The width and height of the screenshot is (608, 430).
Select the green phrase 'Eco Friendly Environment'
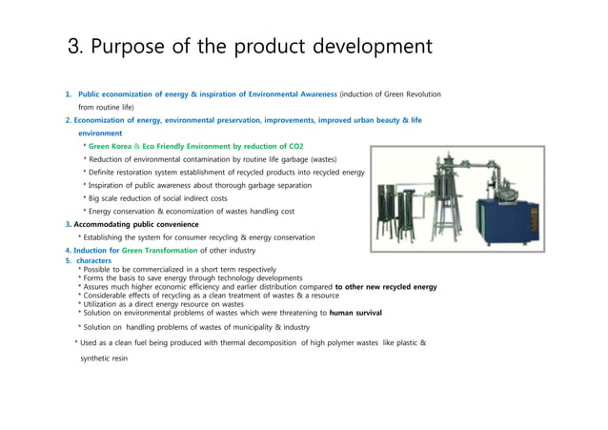(194, 146)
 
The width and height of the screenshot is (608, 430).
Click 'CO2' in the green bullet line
(294, 146)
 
